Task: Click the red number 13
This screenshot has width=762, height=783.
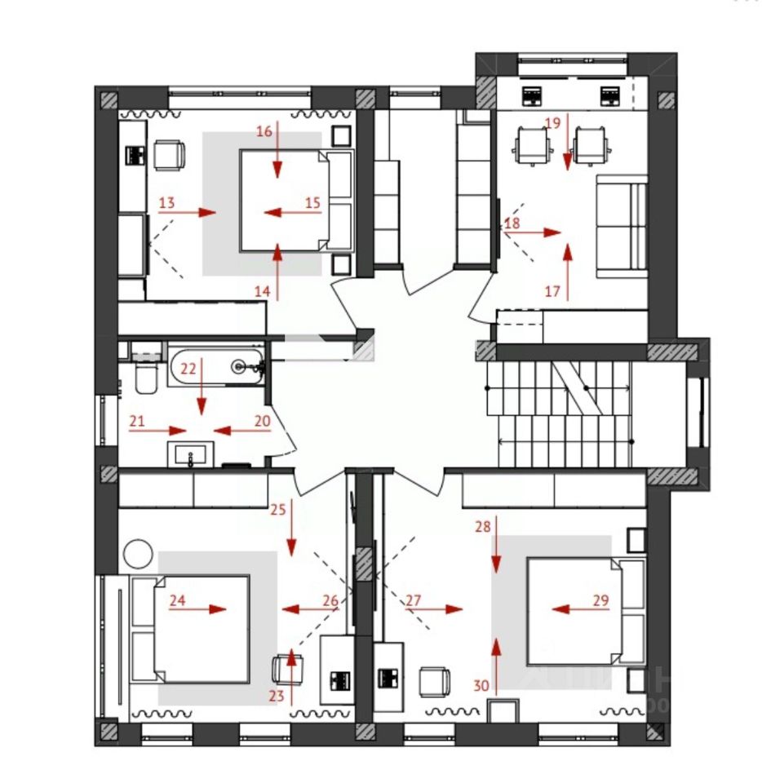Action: click(166, 202)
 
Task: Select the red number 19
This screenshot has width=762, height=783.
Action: click(552, 123)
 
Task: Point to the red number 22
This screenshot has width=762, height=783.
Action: click(188, 368)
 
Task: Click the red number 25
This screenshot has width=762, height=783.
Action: click(278, 510)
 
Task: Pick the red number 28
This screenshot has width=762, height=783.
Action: click(484, 526)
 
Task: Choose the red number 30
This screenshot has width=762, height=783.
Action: click(481, 686)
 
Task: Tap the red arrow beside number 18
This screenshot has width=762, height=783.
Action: click(534, 232)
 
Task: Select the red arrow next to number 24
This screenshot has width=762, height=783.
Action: click(208, 608)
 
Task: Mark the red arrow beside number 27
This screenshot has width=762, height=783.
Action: click(444, 608)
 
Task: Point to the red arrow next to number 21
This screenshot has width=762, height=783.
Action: click(167, 430)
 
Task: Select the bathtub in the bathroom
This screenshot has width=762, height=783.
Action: click(217, 366)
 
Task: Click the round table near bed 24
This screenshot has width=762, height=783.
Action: click(137, 554)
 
